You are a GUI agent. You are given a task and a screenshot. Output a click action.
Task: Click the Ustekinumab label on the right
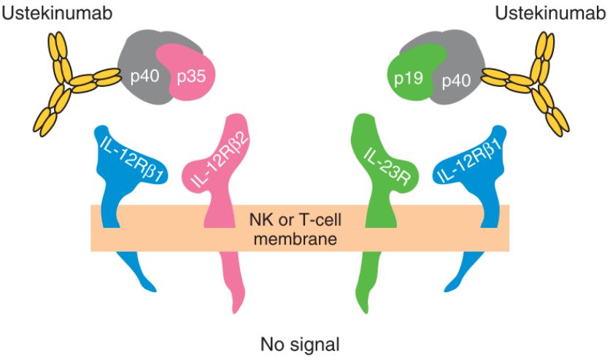[549, 12]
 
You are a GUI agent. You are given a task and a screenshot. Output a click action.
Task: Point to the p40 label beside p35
[146, 77]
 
